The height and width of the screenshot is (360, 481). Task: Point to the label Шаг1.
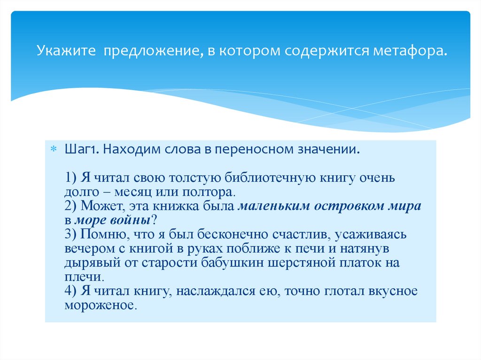[81, 150]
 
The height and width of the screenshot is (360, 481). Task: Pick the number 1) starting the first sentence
[71, 179]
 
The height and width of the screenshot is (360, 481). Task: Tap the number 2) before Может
[71, 207]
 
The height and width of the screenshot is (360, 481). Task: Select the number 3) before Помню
[71, 234]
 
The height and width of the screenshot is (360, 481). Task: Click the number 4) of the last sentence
[71, 291]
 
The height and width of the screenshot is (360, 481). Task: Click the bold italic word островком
[350, 207]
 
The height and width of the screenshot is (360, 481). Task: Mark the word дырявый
[91, 263]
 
